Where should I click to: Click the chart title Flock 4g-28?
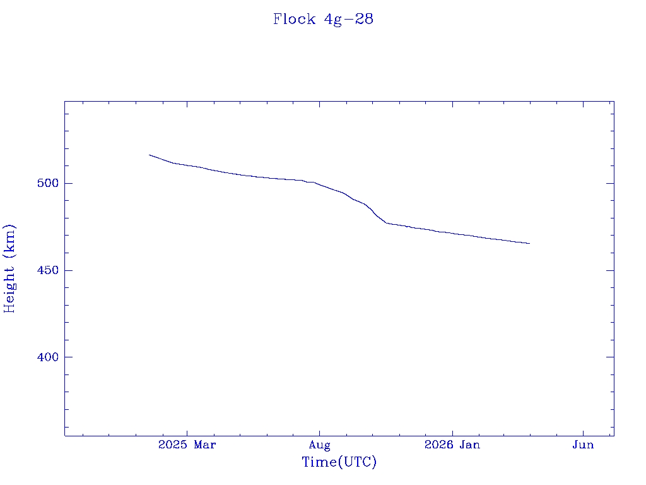coord(323,19)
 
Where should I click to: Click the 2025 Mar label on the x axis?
coord(187,445)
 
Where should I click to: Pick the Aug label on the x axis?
coord(319,445)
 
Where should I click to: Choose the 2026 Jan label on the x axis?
coord(452,445)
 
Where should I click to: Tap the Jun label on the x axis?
coord(583,445)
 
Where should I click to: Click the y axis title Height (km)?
coord(9,268)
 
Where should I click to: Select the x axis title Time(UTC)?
coord(339,462)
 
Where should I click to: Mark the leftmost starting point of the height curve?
coord(150,155)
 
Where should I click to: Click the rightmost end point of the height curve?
coord(529,243)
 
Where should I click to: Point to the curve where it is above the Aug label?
coord(319,184)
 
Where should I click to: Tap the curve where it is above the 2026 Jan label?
coord(452,234)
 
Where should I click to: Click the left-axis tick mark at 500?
coord(68,183)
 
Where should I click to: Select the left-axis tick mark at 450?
coord(68,270)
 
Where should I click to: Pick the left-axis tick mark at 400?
coord(68,357)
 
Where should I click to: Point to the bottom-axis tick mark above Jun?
coord(583,433)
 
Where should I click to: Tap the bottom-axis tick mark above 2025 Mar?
coord(187,433)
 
